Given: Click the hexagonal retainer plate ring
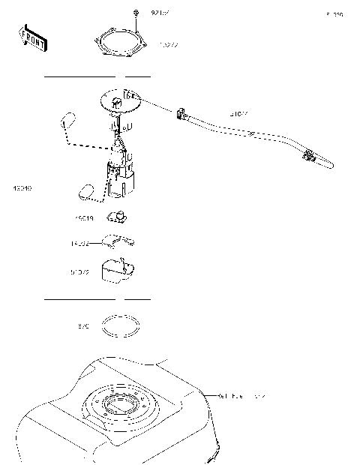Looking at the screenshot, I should [x=121, y=44].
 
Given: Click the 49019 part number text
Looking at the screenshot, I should [x=83, y=218].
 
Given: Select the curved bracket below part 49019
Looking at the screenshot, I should [x=120, y=241].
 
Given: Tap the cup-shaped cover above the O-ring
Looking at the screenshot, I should [x=118, y=271].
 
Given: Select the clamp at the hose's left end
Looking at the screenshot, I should [x=181, y=114].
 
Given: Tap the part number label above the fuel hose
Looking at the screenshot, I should [x=238, y=115].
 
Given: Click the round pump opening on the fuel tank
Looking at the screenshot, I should [x=120, y=407].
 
